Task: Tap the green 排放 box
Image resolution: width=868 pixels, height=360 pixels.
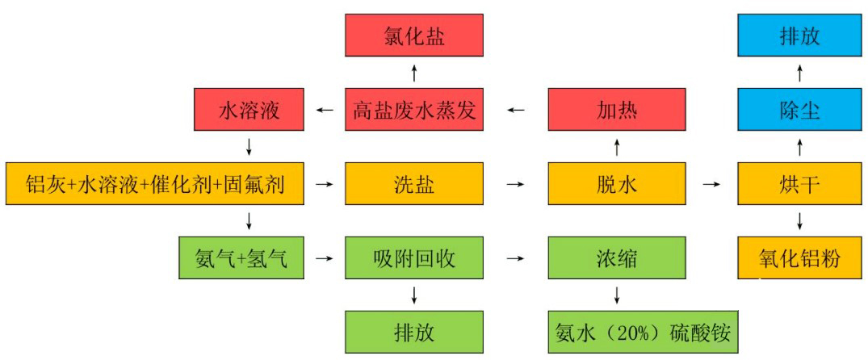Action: tap(414, 333)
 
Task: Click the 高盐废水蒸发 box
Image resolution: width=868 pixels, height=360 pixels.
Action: tap(414, 110)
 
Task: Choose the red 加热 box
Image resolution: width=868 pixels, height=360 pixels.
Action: tap(617, 110)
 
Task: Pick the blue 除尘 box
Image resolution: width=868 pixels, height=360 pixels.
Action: tap(799, 110)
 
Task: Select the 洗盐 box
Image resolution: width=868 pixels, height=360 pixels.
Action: tap(414, 184)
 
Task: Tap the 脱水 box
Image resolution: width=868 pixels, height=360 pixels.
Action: tap(617, 184)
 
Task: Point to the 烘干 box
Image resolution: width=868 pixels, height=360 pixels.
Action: tap(799, 184)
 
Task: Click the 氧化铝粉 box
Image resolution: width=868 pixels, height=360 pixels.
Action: tap(799, 258)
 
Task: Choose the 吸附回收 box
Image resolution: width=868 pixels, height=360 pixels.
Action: tap(414, 258)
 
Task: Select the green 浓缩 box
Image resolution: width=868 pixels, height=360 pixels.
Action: tap(617, 258)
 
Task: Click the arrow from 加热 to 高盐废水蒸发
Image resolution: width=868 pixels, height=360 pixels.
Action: tap(515, 110)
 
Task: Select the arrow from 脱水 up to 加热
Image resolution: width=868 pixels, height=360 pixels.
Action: tap(617, 147)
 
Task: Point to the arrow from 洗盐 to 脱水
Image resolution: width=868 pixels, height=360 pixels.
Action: tap(515, 184)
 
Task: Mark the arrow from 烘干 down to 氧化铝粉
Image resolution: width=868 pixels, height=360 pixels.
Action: tap(799, 221)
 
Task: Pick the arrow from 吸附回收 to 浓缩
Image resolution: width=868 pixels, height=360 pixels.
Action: tap(515, 258)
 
